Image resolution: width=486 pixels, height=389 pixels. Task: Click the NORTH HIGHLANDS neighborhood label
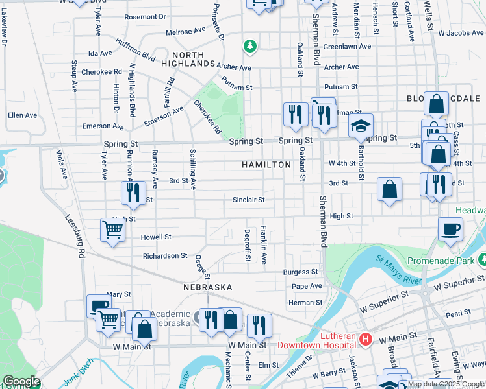click(193, 59)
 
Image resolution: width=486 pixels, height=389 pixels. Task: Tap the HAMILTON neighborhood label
click(266, 165)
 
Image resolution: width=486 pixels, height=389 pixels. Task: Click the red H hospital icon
click(365, 339)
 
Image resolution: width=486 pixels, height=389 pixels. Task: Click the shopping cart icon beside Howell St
click(113, 230)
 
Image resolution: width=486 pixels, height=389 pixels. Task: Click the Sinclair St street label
click(248, 200)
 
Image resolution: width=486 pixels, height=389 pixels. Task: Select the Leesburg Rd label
click(74, 238)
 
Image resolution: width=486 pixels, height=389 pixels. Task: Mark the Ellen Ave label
click(22, 115)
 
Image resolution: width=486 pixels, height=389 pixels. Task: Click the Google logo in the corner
click(21, 381)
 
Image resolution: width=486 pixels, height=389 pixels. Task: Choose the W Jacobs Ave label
click(461, 32)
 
